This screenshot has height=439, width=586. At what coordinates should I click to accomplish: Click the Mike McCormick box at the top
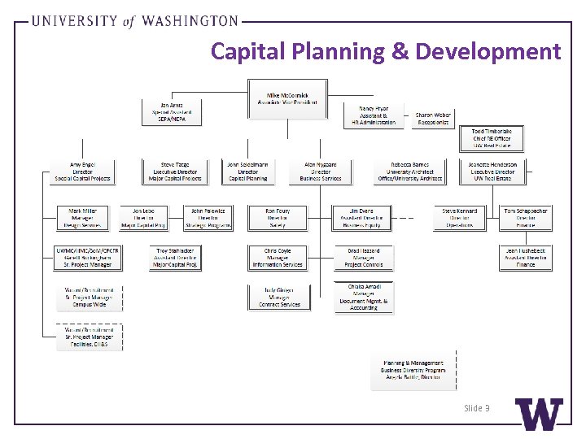(288, 99)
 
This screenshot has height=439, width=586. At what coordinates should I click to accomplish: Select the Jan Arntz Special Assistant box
(171, 112)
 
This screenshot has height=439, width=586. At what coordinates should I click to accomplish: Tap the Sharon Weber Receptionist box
(433, 119)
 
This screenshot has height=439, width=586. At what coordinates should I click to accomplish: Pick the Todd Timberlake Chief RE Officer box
(492, 139)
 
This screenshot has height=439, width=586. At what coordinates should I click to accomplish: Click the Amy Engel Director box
(82, 171)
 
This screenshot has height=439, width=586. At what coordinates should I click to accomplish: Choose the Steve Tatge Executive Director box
(174, 171)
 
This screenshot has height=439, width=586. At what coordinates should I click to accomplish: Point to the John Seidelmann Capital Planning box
(247, 171)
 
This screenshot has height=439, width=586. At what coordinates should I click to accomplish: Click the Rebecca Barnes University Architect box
(409, 171)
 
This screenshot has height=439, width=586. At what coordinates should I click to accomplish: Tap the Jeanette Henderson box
(492, 171)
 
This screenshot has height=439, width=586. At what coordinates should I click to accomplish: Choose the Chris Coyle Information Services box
(277, 258)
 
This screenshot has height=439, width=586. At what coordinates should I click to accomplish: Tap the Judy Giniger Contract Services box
(279, 297)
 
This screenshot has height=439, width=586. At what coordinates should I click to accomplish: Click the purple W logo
(539, 415)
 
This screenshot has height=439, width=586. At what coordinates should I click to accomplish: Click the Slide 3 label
(476, 407)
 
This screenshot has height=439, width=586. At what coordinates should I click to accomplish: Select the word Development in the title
(488, 52)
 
